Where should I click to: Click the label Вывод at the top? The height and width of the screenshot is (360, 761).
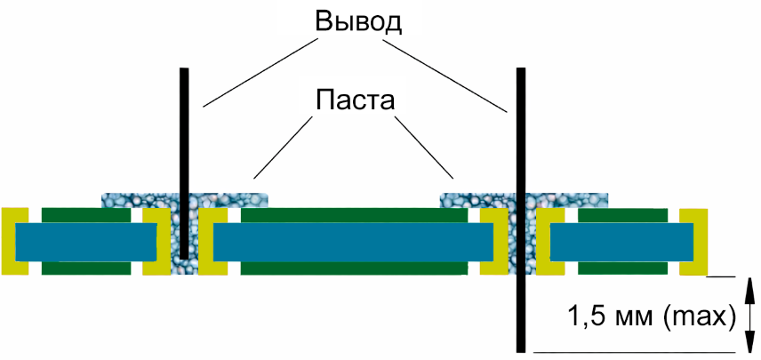(x=358, y=21)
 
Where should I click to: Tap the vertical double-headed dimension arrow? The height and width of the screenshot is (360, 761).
(x=749, y=315)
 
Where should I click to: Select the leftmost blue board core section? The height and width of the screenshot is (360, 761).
(x=84, y=242)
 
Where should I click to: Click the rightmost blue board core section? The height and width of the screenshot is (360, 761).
(x=621, y=242)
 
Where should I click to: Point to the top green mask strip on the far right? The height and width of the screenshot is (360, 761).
(x=622, y=214)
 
